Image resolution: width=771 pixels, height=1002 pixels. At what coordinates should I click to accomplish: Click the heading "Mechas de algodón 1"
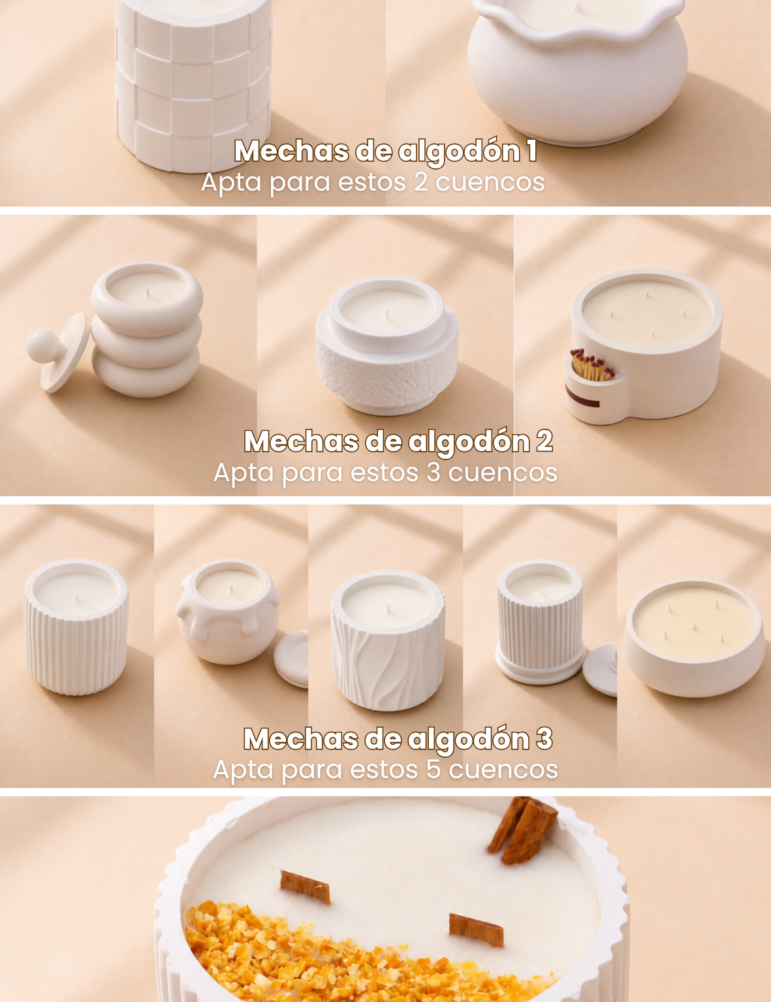tap(385, 151)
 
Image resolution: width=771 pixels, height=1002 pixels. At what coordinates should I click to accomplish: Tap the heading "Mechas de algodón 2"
tap(398, 441)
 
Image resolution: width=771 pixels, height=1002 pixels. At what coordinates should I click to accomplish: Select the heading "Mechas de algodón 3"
tap(398, 739)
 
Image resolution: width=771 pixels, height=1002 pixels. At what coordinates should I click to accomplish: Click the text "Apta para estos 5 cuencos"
tap(385, 770)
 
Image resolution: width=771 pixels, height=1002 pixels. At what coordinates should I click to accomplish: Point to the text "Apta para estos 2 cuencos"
tap(373, 182)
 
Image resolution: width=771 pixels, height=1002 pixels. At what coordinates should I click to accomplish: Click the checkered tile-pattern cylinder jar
tap(194, 86)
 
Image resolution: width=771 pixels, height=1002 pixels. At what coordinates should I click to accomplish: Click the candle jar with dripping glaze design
tap(227, 612)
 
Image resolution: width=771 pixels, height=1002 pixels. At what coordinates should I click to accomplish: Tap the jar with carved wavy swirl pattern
tap(388, 641)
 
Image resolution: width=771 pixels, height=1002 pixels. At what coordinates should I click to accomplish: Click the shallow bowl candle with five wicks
tap(695, 639)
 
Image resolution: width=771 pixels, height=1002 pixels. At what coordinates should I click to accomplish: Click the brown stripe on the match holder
tap(582, 398)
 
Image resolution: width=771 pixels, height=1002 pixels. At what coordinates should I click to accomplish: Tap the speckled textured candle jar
tap(387, 346)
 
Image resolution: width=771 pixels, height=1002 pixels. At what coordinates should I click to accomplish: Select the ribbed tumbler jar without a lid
tap(76, 627)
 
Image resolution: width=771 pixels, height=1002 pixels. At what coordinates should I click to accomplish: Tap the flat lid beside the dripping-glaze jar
tap(291, 659)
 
